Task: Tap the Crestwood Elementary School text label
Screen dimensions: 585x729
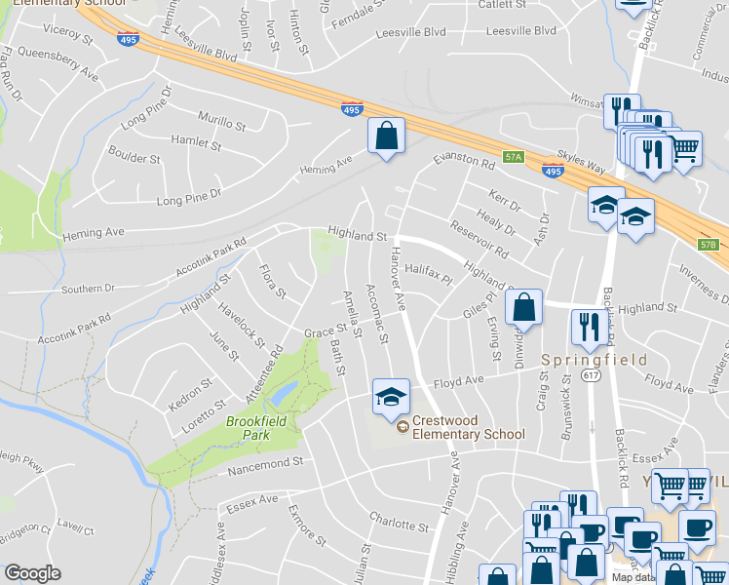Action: click(468, 428)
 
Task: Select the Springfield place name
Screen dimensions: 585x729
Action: click(595, 360)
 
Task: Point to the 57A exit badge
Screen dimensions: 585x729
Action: click(514, 156)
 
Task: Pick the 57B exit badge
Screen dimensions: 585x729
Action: click(710, 245)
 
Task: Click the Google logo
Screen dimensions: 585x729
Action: click(32, 572)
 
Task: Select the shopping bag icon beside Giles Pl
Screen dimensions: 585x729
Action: click(524, 307)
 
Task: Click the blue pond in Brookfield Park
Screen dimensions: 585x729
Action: click(285, 393)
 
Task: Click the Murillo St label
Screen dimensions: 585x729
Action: click(221, 123)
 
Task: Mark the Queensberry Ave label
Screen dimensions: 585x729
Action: click(58, 63)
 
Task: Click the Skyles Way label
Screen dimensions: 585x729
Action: click(582, 162)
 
